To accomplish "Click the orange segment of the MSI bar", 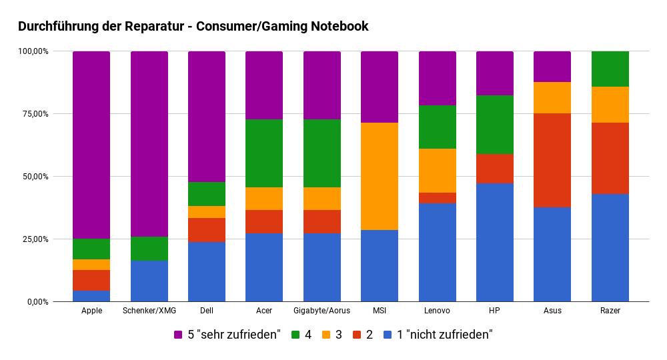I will click(x=380, y=176).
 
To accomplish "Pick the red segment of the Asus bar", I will click(x=552, y=160).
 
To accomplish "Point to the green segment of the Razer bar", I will click(x=610, y=69).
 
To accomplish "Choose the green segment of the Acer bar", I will click(x=264, y=153).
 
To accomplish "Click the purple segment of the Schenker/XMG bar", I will click(x=149, y=144).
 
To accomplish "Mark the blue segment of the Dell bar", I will click(x=207, y=271).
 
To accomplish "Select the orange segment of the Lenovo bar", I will click(x=438, y=171).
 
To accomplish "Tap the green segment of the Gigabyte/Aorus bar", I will click(x=322, y=153).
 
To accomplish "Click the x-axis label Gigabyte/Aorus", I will click(x=321, y=311).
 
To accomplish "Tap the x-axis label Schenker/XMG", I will click(x=149, y=311).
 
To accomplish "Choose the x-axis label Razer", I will click(x=610, y=311).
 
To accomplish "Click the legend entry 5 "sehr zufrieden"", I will click(x=227, y=335).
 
